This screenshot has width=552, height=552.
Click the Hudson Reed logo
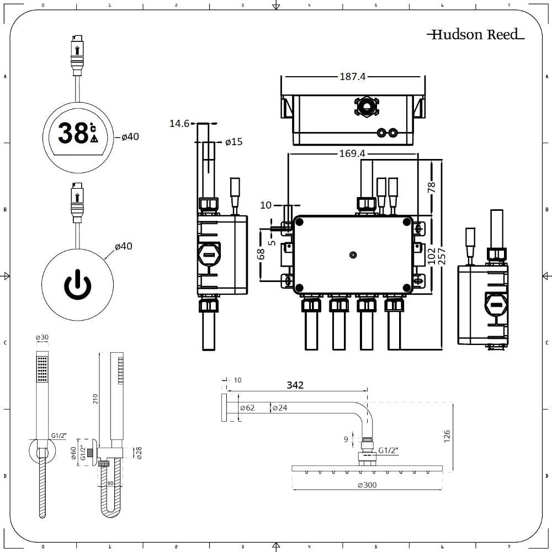(475, 35)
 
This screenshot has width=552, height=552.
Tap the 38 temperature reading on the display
(72, 133)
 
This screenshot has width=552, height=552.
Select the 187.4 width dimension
(352, 77)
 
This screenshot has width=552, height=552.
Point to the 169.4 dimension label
(352, 154)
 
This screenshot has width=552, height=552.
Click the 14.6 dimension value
(179, 124)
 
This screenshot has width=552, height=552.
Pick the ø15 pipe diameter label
(234, 142)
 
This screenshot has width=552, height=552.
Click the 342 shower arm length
(295, 385)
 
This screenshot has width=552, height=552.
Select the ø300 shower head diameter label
(368, 485)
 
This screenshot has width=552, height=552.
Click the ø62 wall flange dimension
(247, 408)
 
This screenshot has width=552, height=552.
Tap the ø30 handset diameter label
(42, 338)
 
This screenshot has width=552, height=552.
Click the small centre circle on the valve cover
(353, 255)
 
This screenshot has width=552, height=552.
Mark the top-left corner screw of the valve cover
(299, 222)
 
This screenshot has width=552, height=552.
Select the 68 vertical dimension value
(262, 254)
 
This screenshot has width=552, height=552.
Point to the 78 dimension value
(432, 187)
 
